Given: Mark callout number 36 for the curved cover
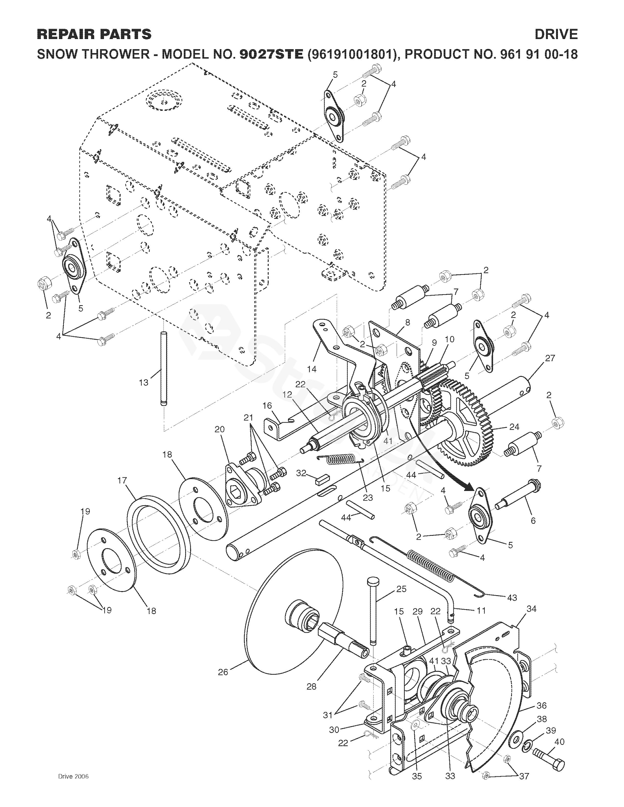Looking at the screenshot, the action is coord(541,706).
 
